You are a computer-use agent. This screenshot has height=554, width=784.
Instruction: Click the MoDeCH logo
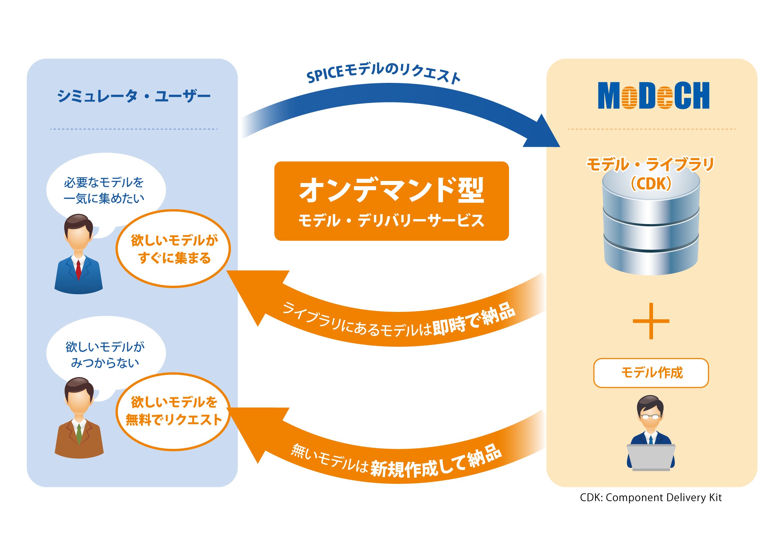point(653,95)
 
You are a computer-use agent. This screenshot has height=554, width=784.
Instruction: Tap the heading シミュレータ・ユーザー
point(133,96)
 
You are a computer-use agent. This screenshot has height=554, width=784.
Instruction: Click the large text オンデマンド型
point(392,190)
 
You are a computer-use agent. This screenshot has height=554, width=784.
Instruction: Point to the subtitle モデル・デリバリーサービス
point(391,220)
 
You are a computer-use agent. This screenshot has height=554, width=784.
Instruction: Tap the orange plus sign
point(651,321)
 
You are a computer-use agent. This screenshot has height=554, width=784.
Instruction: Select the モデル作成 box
point(651,373)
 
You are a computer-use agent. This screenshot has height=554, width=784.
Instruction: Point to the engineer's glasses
point(650,417)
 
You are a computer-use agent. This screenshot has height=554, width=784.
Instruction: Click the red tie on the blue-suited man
point(79,270)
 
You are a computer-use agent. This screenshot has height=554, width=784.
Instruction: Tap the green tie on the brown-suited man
point(79,434)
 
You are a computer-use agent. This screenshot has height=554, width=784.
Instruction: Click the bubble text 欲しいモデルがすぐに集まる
point(174,249)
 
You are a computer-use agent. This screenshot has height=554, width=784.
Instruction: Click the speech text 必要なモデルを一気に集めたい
point(104,190)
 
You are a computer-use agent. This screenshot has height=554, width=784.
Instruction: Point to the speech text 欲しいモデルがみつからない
point(105,354)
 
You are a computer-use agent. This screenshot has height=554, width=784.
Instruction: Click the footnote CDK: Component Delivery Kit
point(651,498)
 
